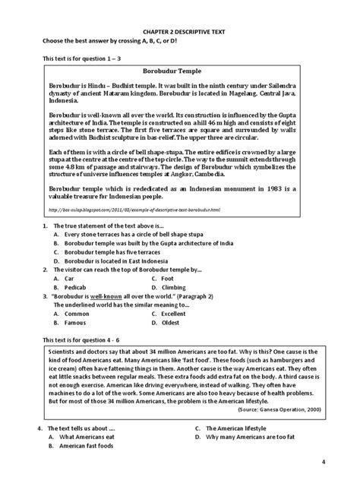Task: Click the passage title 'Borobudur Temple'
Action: click(179, 70)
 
